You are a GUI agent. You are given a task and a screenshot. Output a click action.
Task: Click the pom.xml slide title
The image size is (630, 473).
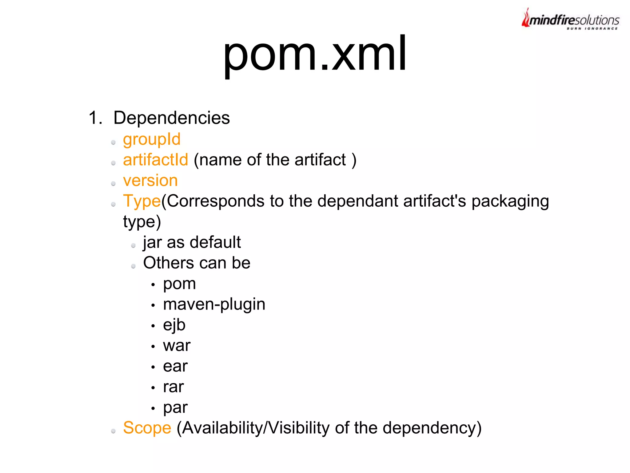315,55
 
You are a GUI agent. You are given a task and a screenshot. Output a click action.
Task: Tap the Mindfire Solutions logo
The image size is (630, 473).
570,19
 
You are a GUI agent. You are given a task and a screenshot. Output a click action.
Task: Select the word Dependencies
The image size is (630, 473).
171,118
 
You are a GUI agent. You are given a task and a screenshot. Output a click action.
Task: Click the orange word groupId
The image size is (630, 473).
152,139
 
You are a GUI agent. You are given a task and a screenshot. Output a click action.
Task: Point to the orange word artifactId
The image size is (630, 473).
155,160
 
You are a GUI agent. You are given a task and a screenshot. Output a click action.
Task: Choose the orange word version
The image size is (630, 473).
150,180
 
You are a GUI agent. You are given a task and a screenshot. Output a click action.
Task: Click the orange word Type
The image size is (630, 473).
142,201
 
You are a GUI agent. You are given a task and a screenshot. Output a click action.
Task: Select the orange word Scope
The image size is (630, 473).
147,428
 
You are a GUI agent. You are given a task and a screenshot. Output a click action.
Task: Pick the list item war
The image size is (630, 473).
177,346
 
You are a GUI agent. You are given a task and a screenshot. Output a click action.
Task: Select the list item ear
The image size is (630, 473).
175,366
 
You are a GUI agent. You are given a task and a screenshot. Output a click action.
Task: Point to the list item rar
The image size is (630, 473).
173,387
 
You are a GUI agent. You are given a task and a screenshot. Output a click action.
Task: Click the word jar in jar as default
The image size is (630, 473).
152,243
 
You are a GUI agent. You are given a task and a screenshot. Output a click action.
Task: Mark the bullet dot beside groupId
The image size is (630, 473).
114,142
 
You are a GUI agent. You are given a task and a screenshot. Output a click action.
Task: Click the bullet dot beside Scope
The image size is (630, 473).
114,431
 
